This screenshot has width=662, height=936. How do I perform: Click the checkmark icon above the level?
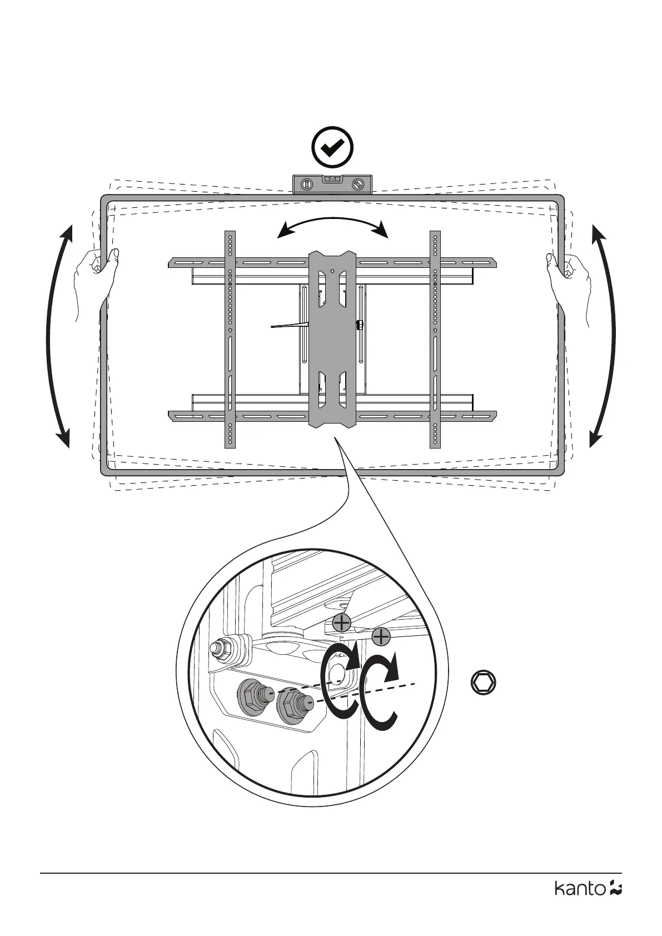tap(332, 147)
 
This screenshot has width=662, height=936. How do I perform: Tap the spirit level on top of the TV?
tap(332, 184)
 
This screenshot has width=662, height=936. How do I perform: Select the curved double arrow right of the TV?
tap(605, 336)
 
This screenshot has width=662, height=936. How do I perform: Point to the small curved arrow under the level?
tap(332, 225)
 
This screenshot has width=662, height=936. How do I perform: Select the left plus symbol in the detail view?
tap(341, 623)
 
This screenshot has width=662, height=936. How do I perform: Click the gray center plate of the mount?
tap(332, 339)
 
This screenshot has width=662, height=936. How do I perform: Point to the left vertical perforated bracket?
tap(230, 339)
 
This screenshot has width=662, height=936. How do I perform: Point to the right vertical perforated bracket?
tap(435, 339)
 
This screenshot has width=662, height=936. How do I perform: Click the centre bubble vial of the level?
tap(332, 180)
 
